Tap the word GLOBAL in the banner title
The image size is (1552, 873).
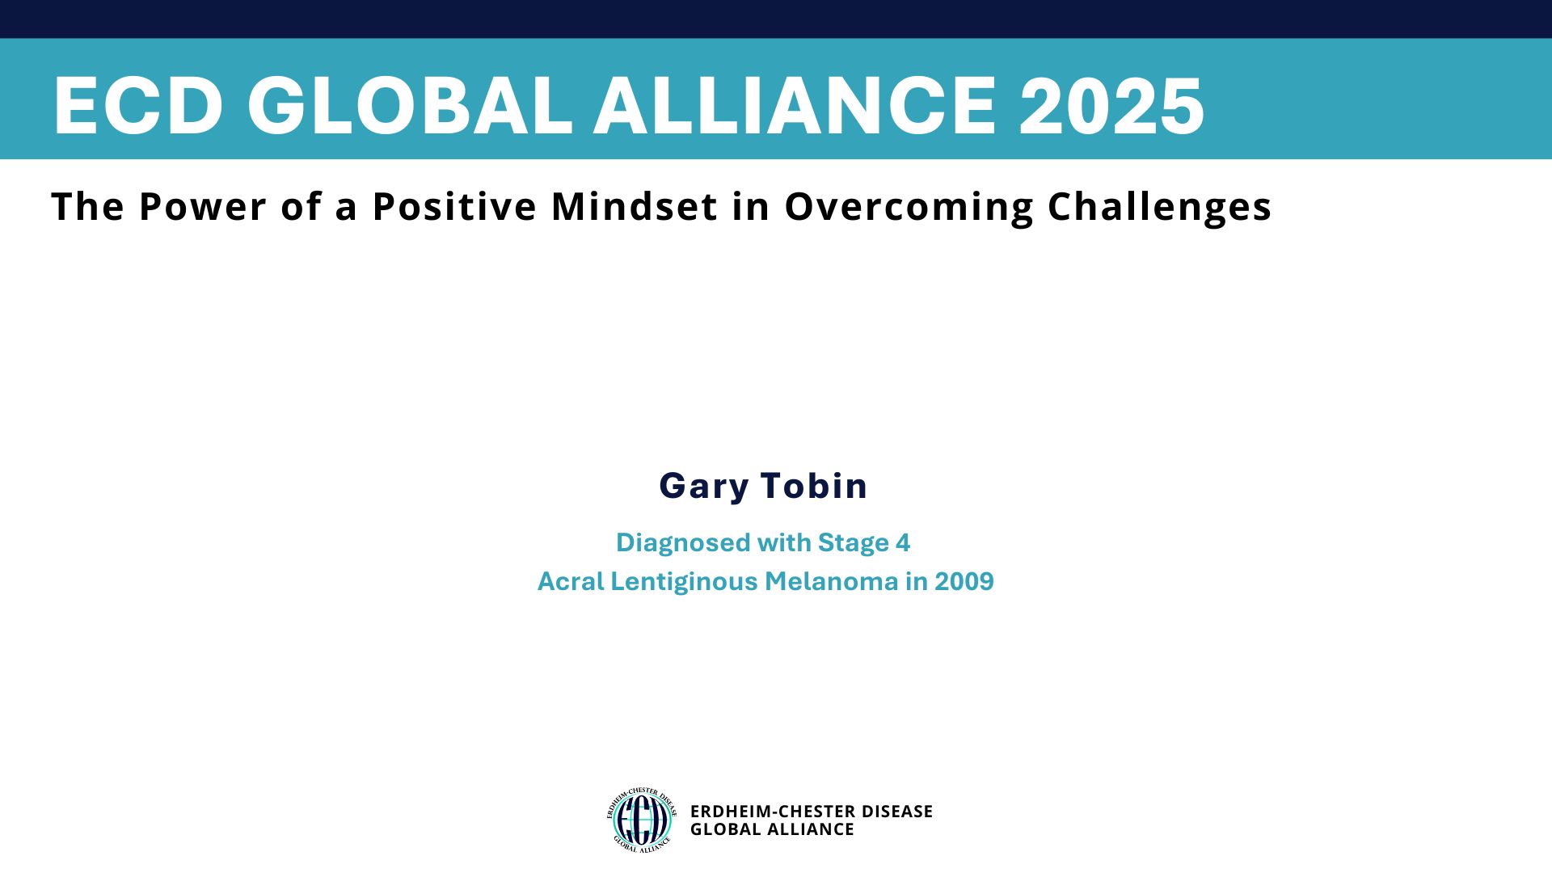coord(410,106)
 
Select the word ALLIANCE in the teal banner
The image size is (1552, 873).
coord(795,106)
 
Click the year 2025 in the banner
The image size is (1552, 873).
coord(1111,106)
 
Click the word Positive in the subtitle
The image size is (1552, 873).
coord(455,206)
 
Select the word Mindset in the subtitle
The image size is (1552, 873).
coord(635,206)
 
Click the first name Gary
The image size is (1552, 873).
coord(704,487)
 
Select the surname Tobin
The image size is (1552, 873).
coord(814,485)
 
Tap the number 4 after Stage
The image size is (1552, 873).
coord(903,542)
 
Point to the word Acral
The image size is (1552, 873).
coord(571,581)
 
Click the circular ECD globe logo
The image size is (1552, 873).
coord(642,820)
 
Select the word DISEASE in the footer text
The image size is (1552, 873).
coord(897,812)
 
